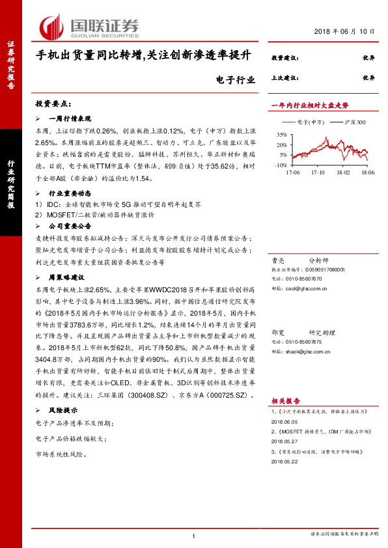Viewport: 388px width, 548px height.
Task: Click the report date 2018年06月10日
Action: tap(345, 31)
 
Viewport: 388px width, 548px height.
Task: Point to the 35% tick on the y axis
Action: tap(281, 133)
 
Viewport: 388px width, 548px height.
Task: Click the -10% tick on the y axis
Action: tap(281, 165)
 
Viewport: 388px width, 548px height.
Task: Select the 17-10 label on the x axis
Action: tap(318, 172)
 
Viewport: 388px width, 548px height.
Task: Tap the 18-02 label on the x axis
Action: tap(342, 172)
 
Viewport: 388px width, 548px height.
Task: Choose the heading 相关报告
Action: tap(283, 402)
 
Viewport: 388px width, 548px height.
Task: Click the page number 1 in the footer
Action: tap(194, 535)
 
